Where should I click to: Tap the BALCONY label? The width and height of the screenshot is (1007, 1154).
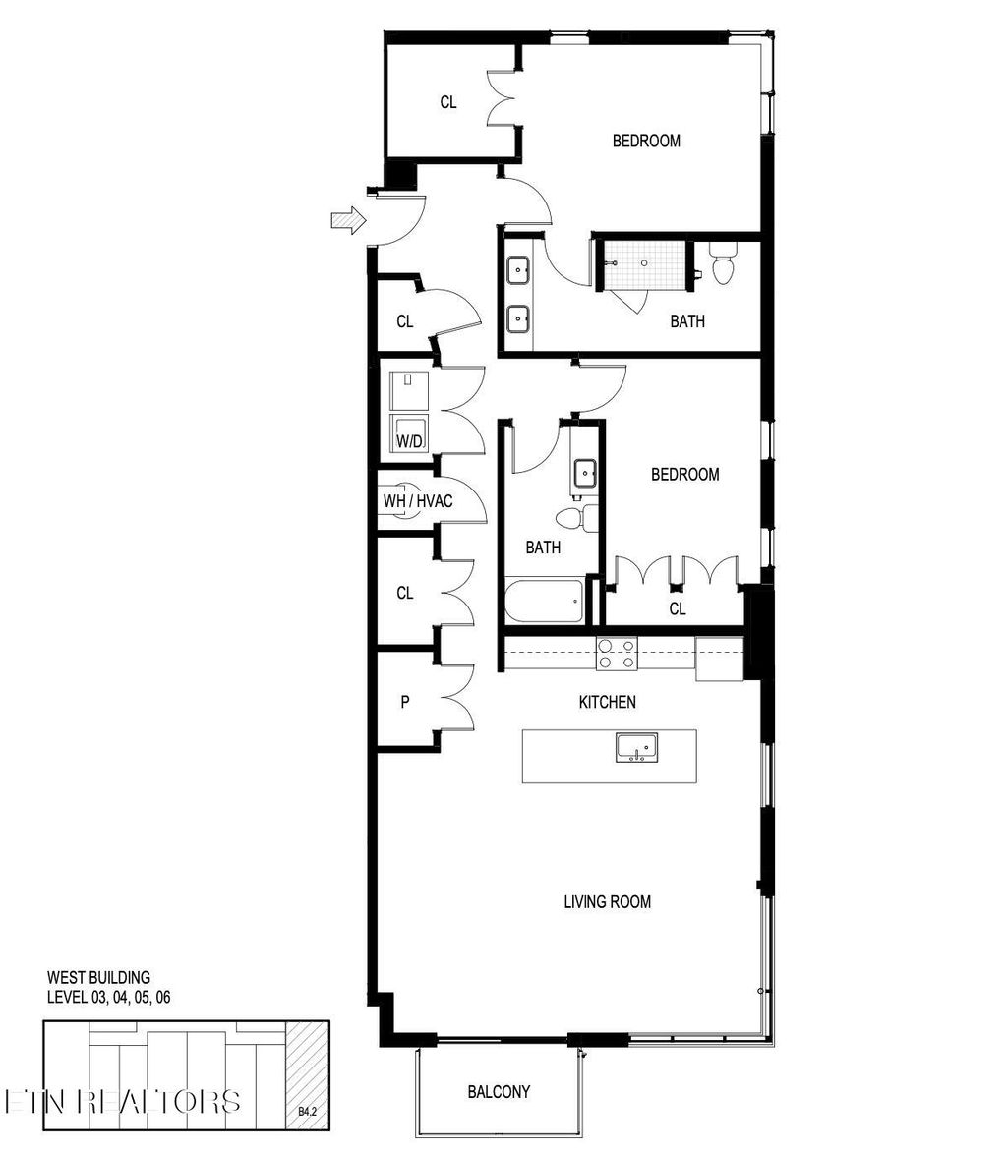click(499, 1091)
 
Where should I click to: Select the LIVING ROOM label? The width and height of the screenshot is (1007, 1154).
click(607, 901)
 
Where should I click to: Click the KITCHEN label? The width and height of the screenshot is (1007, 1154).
click(606, 702)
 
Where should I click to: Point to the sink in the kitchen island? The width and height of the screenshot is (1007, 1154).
click(636, 748)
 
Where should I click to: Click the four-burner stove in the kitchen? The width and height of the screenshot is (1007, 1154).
click(617, 654)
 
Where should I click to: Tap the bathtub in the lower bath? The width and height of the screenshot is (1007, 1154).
click(544, 601)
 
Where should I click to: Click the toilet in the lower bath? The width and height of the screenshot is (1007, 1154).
click(570, 517)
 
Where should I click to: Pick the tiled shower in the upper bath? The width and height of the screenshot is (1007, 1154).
click(644, 263)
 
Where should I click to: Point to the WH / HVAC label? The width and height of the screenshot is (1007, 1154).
click(418, 501)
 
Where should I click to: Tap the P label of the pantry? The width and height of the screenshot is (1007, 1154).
click(404, 702)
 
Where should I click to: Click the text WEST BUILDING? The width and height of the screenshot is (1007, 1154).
click(98, 978)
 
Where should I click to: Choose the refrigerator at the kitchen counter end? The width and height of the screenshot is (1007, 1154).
click(719, 659)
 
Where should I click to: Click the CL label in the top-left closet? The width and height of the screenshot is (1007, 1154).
click(448, 101)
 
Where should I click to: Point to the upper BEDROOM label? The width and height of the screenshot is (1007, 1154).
click(646, 141)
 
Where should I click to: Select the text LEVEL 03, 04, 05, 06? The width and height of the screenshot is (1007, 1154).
click(109, 997)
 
